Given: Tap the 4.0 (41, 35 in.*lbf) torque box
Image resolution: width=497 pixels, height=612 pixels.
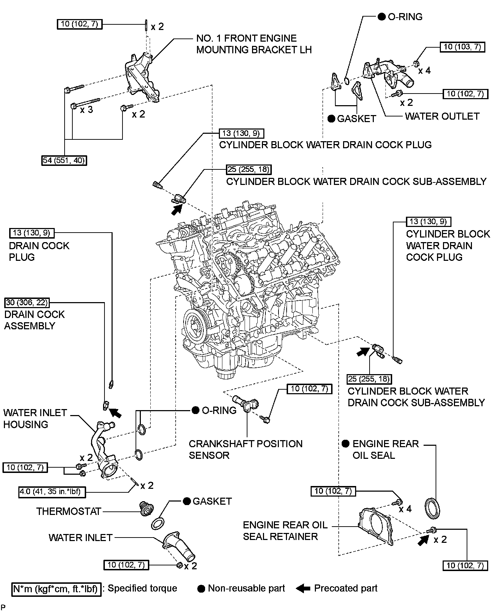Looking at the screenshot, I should [52, 492].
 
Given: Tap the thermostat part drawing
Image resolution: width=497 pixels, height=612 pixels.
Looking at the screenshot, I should [145, 508].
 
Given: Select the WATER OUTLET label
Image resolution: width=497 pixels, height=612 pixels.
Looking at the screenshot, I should [442, 116].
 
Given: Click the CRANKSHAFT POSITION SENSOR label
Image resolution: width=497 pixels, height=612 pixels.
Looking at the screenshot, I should [245, 449].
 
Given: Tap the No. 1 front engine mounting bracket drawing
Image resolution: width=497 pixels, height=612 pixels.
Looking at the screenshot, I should [141, 78].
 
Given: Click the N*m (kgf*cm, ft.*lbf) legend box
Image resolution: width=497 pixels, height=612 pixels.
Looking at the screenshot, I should [56, 589].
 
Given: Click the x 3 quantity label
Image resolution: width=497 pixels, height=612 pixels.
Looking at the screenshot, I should [86, 110].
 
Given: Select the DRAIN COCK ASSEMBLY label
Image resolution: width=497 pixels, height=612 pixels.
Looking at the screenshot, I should [35, 320].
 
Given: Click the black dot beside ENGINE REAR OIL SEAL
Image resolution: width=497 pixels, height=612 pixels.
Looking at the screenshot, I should [346, 444].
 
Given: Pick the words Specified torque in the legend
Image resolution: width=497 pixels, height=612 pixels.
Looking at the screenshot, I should [142, 588].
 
